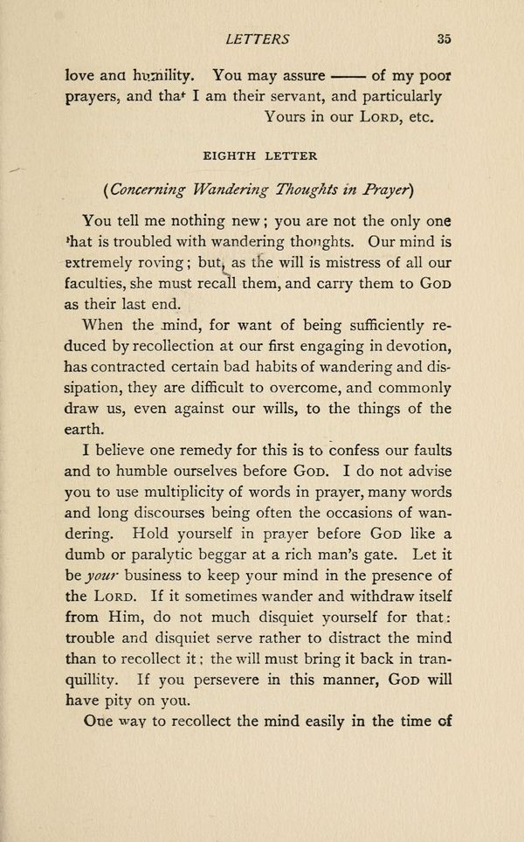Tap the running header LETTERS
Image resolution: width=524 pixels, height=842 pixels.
click(257, 38)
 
